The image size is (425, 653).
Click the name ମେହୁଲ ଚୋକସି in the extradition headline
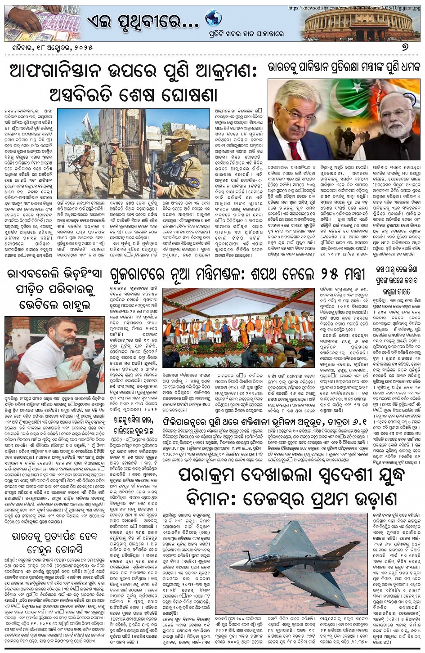(54, 550)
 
